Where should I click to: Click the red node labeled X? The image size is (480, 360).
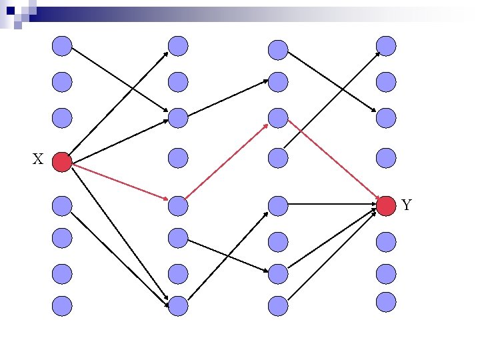(x=61, y=162)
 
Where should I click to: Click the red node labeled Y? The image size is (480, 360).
(x=386, y=206)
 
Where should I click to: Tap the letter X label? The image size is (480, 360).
(x=38, y=159)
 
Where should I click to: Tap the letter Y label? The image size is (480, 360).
(x=407, y=205)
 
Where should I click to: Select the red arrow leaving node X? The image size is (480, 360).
(x=119, y=182)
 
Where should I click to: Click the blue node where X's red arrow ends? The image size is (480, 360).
(x=178, y=206)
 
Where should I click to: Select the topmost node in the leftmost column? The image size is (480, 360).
(x=61, y=46)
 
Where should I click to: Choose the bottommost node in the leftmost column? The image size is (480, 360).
(x=61, y=305)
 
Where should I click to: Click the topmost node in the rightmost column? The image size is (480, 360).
(x=386, y=46)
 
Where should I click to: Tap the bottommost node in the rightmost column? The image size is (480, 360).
(x=386, y=301)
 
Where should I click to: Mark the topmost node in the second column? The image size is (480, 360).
(x=178, y=46)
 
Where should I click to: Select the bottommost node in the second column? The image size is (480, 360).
(x=178, y=305)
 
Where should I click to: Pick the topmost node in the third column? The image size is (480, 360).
(x=278, y=49)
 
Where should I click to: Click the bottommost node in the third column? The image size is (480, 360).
(x=278, y=305)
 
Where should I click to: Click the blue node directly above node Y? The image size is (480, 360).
(x=386, y=158)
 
